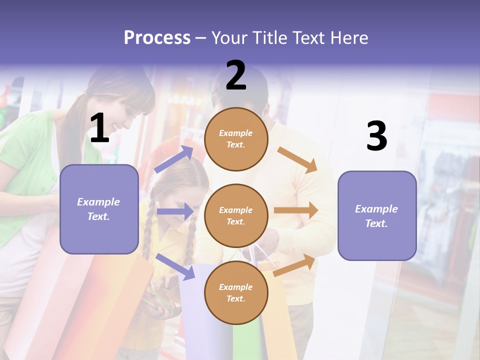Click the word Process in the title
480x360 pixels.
coord(157,38)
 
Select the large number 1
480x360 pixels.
coord(99,128)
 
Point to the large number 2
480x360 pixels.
coord(236,75)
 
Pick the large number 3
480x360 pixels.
coord(376,136)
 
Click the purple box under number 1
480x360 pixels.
coord(99,209)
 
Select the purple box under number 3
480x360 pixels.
coord(377,216)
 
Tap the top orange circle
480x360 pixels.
coord(236,139)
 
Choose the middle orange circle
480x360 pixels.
coord(236,216)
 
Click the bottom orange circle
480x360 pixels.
coord(236,293)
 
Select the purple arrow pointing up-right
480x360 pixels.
coord(174,159)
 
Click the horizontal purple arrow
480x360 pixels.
coord(175,211)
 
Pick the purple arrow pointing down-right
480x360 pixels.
coord(175,266)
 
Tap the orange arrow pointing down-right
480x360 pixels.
coord(297,159)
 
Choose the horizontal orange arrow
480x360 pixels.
coord(296,210)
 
